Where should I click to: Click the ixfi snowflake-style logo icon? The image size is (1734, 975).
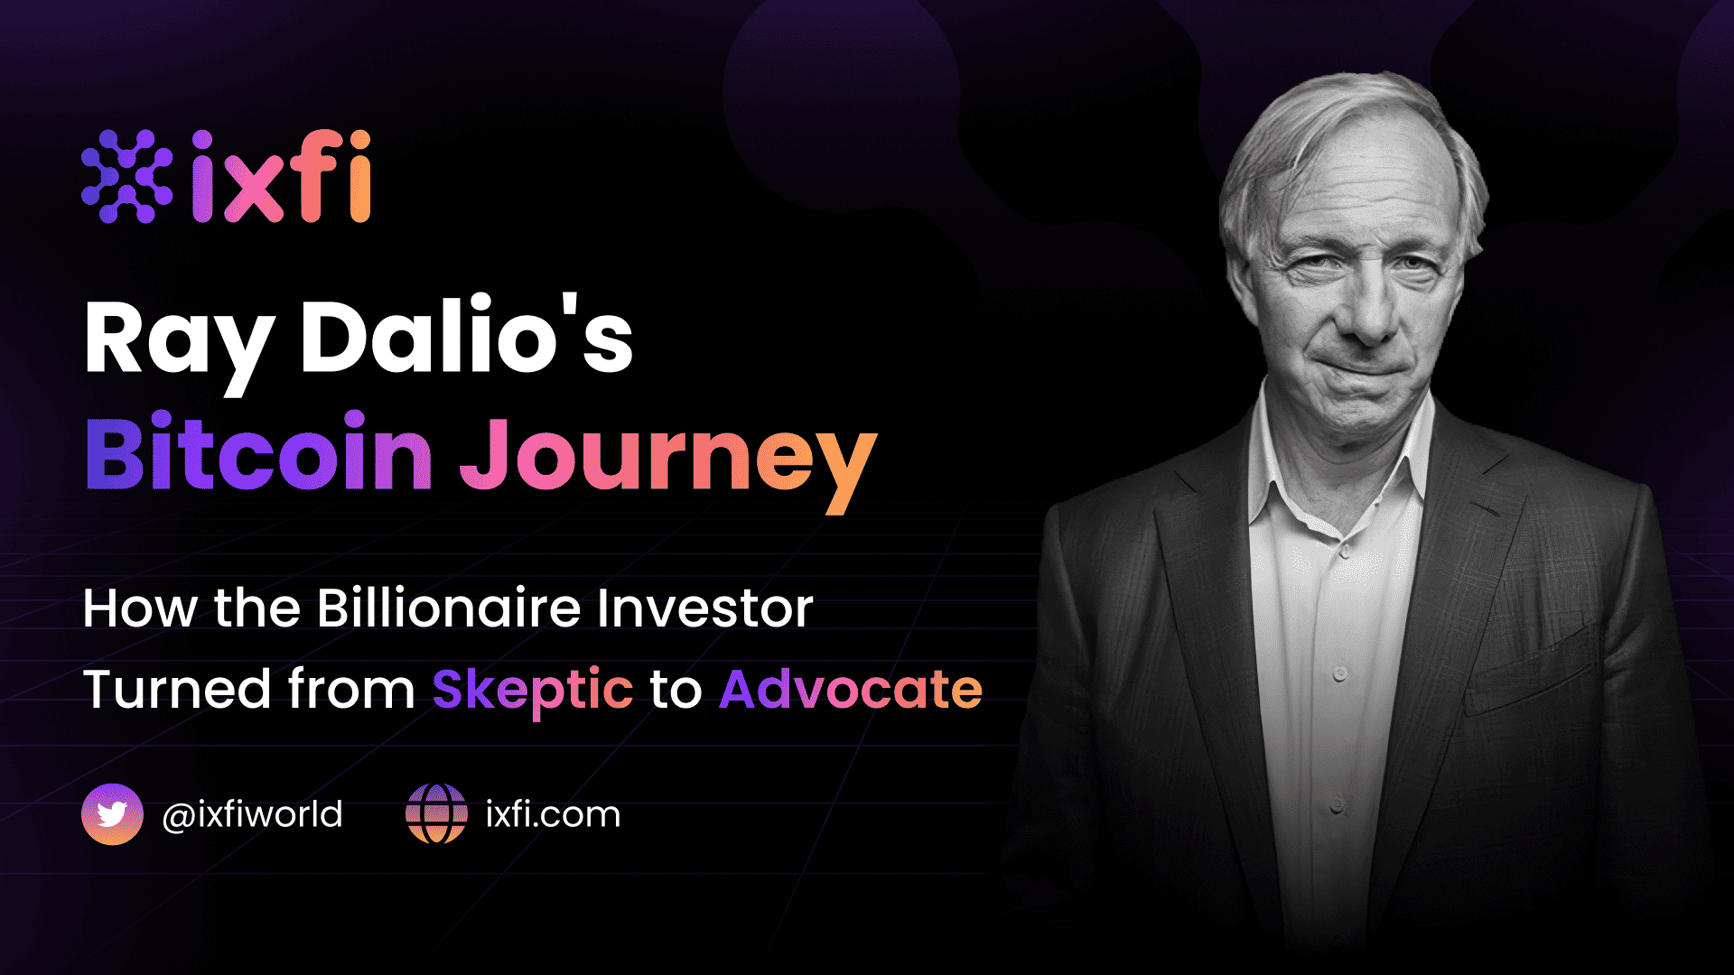(x=126, y=176)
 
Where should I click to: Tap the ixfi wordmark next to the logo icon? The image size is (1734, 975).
(x=281, y=176)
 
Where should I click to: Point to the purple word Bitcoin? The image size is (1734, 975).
(x=259, y=450)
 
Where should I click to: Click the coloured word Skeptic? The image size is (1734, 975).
(x=533, y=692)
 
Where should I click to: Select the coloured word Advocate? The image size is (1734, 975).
(x=851, y=690)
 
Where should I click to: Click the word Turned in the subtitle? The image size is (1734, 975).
(x=177, y=690)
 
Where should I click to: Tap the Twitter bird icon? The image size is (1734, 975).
(x=112, y=814)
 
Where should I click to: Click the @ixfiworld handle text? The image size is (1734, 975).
(x=252, y=814)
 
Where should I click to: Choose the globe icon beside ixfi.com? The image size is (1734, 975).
(x=436, y=813)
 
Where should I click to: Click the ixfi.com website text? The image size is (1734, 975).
(x=553, y=814)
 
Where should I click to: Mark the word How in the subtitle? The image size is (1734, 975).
(x=140, y=608)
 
